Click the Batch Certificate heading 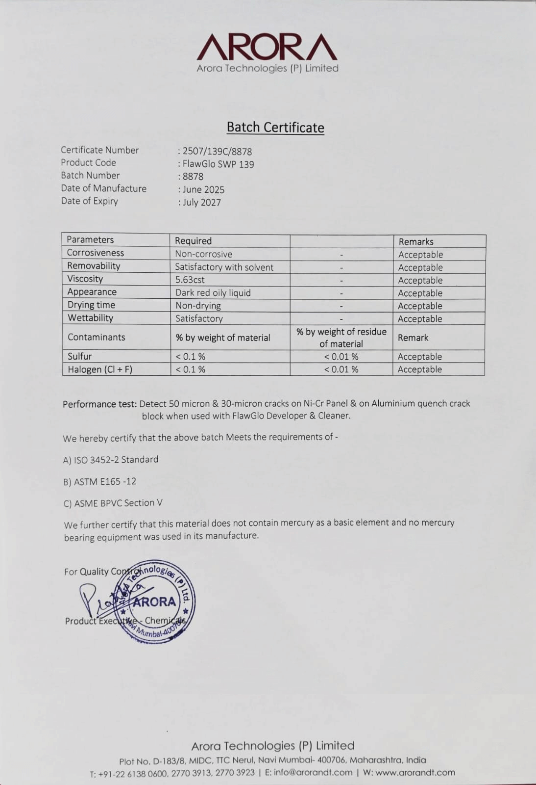[x=275, y=128]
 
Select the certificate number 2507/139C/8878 [x=217, y=152]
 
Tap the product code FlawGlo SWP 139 [x=218, y=164]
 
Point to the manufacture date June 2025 [x=203, y=190]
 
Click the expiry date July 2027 [x=201, y=203]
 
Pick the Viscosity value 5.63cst [x=190, y=280]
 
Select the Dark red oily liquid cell [x=213, y=293]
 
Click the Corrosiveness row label [x=96, y=253]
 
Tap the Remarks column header [x=416, y=241]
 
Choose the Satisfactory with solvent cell [x=224, y=267]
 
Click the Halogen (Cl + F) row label [x=100, y=369]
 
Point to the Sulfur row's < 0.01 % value [x=341, y=357]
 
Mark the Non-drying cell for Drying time [x=198, y=306]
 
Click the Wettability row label [x=90, y=318]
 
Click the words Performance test [x=99, y=404]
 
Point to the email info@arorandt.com [x=313, y=773]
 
